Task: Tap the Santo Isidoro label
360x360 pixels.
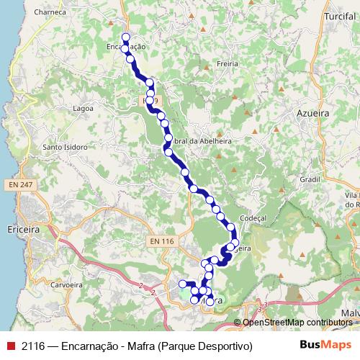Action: pyautogui.click(x=66, y=148)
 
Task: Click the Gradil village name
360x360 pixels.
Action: pyautogui.click(x=309, y=179)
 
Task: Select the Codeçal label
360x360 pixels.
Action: pyautogui.click(x=253, y=217)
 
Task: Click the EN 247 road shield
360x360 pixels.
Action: pyautogui.click(x=22, y=186)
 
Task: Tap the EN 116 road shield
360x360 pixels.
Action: pyautogui.click(x=163, y=240)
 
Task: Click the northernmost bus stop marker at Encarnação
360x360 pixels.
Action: pyautogui.click(x=126, y=37)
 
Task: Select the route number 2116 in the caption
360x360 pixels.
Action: pyautogui.click(x=34, y=346)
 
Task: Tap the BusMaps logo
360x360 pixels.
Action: pyautogui.click(x=321, y=346)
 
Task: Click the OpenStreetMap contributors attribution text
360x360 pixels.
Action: pyautogui.click(x=297, y=322)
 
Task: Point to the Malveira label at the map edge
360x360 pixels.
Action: pyautogui.click(x=350, y=312)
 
